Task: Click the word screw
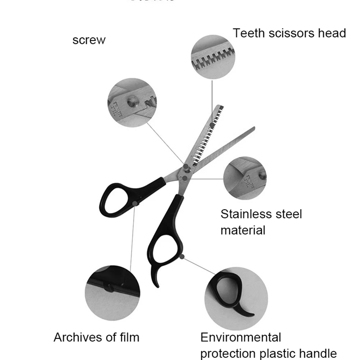pyautogui.click(x=89, y=40)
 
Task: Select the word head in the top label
pyautogui.click(x=330, y=33)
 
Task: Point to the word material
pyautogui.click(x=243, y=230)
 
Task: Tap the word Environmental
pyautogui.click(x=241, y=337)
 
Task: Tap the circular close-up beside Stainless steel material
pyautogui.click(x=245, y=178)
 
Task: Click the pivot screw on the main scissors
pyautogui.click(x=186, y=167)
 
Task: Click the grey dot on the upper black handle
pyautogui.click(x=135, y=204)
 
